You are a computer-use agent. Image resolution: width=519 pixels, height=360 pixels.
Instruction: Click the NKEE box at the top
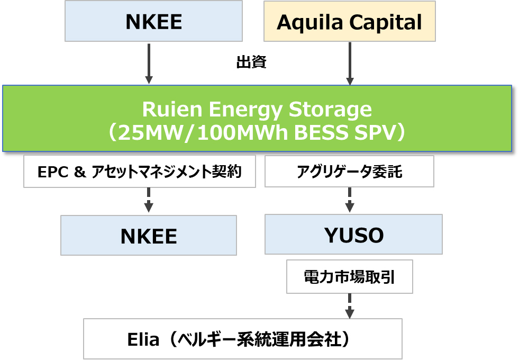[153, 22]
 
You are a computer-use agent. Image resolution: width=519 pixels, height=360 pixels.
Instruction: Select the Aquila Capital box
[349, 22]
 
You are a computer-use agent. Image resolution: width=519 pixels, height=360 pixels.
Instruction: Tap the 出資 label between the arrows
[251, 63]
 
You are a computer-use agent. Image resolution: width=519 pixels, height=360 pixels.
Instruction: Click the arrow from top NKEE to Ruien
[149, 64]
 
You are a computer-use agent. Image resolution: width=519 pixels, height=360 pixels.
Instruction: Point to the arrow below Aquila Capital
[349, 64]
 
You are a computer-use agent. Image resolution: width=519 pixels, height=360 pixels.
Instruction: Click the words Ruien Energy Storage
[257, 110]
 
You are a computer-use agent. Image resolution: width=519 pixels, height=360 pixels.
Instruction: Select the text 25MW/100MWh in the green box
[188, 132]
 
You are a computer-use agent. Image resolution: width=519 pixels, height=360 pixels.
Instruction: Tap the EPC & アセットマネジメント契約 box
[140, 172]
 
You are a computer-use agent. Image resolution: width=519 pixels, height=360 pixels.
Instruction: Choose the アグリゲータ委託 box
[349, 172]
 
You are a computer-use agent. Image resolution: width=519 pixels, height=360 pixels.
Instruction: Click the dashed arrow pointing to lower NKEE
[149, 200]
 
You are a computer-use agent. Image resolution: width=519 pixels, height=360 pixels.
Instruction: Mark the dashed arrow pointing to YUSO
[349, 200]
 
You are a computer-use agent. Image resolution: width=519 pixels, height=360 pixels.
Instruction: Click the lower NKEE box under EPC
[149, 236]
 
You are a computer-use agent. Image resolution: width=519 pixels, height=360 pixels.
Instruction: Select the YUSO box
[353, 235]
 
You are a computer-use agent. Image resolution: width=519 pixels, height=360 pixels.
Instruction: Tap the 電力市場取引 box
[349, 276]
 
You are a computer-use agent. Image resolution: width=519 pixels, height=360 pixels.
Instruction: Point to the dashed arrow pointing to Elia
[349, 305]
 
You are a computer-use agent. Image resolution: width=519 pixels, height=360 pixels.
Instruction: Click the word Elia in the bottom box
[143, 339]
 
